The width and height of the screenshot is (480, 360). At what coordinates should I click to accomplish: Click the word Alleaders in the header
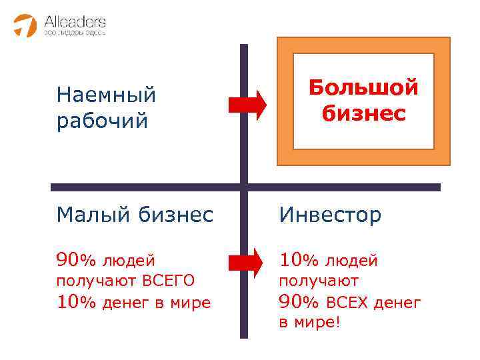pyautogui.click(x=75, y=20)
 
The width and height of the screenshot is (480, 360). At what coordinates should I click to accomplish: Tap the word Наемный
pyautogui.click(x=106, y=95)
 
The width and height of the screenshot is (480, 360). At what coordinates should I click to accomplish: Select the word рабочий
pyautogui.click(x=101, y=122)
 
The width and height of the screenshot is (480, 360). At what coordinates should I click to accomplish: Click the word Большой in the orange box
pyautogui.click(x=363, y=87)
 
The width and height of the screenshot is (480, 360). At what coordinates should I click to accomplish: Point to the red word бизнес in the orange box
pyautogui.click(x=363, y=113)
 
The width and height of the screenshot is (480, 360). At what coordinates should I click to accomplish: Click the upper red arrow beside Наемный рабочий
pyautogui.click(x=247, y=105)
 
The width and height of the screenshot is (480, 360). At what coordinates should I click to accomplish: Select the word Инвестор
pyautogui.click(x=331, y=215)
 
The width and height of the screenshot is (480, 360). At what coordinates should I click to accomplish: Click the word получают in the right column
pyautogui.click(x=318, y=281)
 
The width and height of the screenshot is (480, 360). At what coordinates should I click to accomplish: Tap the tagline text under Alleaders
pyautogui.click(x=75, y=32)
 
